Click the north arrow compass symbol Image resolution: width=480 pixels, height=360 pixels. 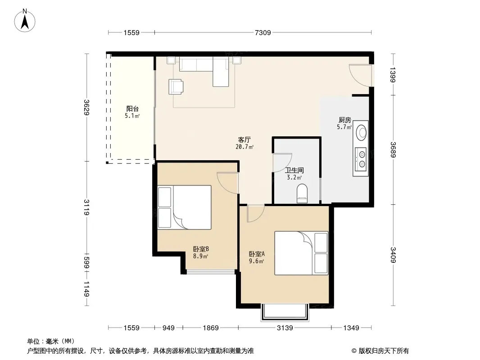point(25,21)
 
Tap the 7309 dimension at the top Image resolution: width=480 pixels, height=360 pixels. point(263,32)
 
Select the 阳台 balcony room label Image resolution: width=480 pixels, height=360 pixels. point(132,108)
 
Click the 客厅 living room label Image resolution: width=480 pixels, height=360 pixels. point(245,140)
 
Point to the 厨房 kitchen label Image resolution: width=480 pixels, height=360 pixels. point(345,120)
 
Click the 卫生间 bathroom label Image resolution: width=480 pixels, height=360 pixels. point(294,171)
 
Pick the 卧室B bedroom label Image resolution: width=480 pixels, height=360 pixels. point(201,249)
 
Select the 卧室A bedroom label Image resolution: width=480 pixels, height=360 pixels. point(257,254)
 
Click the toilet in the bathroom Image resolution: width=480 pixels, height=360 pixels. point(302,193)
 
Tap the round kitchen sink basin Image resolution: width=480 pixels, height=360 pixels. point(362,132)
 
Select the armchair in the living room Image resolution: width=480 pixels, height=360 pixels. point(176,86)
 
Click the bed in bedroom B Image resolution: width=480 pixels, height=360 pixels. point(184,207)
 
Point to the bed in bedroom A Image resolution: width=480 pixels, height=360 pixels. point(301,253)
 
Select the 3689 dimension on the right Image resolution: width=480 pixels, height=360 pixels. point(394,149)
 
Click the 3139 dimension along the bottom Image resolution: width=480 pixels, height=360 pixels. point(285,328)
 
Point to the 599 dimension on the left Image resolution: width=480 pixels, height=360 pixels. point(87,262)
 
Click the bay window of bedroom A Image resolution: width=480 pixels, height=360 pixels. point(285,312)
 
